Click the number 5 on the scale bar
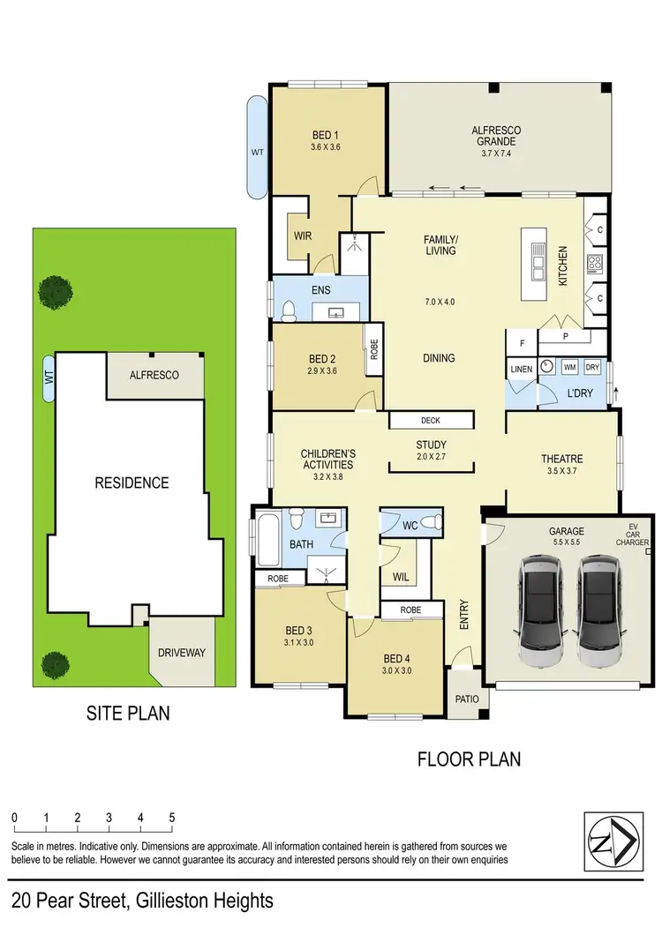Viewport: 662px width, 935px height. (x=172, y=817)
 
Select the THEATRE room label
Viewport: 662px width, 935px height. (x=561, y=459)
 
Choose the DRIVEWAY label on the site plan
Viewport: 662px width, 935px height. (x=181, y=653)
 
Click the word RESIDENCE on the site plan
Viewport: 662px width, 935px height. (x=132, y=482)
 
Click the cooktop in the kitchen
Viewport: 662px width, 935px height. (x=595, y=263)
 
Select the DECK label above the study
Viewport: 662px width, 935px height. (x=430, y=421)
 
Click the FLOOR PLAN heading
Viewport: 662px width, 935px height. (x=468, y=758)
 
